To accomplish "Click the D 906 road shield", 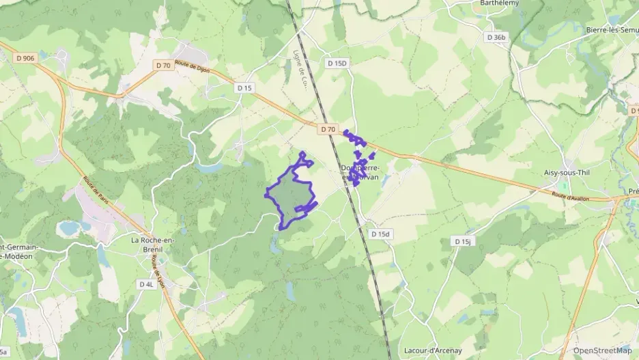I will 24,58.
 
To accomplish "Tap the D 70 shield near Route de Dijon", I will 162,66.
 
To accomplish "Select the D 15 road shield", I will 244,87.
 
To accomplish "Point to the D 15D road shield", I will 337,63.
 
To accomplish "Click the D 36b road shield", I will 496,37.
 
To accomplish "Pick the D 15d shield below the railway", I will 380,234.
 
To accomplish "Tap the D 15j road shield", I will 462,242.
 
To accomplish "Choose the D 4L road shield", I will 147,284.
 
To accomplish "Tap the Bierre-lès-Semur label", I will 612,29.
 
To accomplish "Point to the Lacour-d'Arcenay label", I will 433,350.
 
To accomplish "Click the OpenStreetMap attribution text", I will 602,350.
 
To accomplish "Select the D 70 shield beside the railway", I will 328,128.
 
